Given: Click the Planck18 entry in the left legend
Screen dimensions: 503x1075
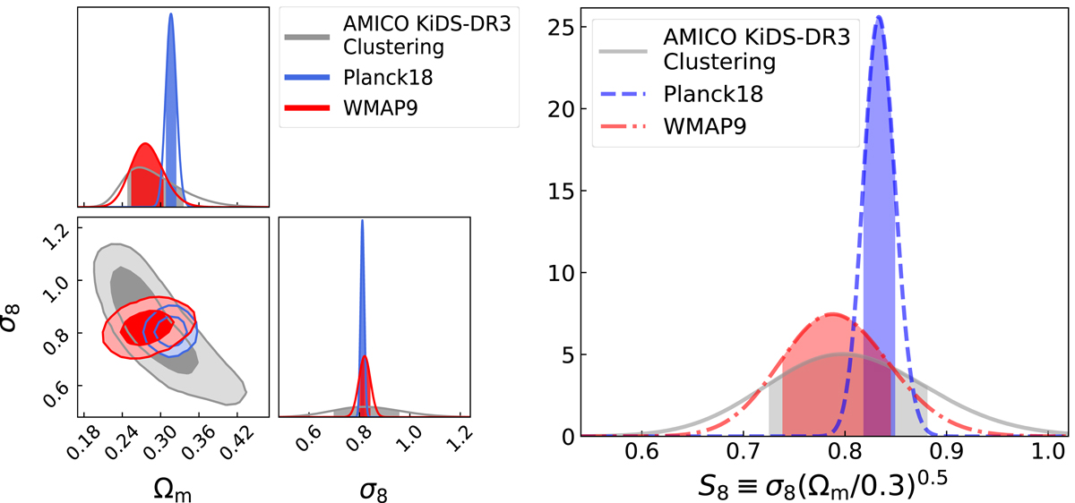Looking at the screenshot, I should coord(395,77).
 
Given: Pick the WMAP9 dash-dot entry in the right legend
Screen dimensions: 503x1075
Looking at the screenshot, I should coord(701,128).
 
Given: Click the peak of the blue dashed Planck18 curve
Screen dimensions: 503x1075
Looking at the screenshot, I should coord(747,18).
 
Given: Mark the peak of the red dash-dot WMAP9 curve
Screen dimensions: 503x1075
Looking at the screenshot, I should coord(705,314).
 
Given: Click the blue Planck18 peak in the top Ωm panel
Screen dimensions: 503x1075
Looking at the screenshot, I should coord(170,15).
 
